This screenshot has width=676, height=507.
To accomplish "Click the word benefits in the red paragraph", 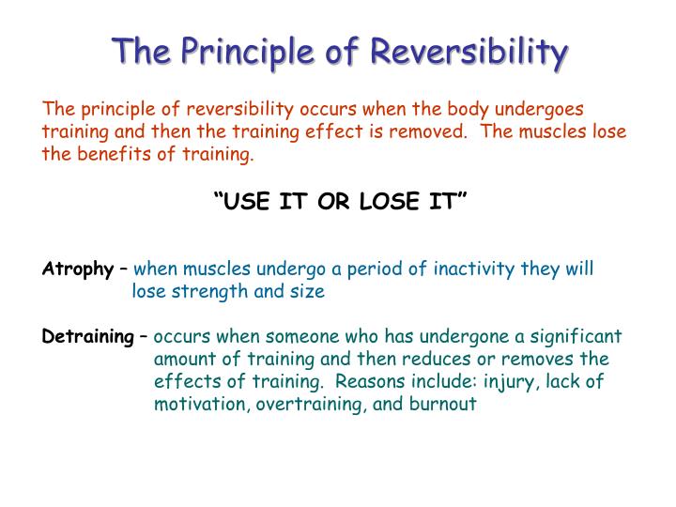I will click(x=111, y=155).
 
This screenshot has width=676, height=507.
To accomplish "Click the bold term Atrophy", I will click(x=77, y=269).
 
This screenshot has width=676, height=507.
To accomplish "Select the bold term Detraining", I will click(x=88, y=337).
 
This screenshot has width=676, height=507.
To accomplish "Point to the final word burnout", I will click(x=445, y=405).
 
